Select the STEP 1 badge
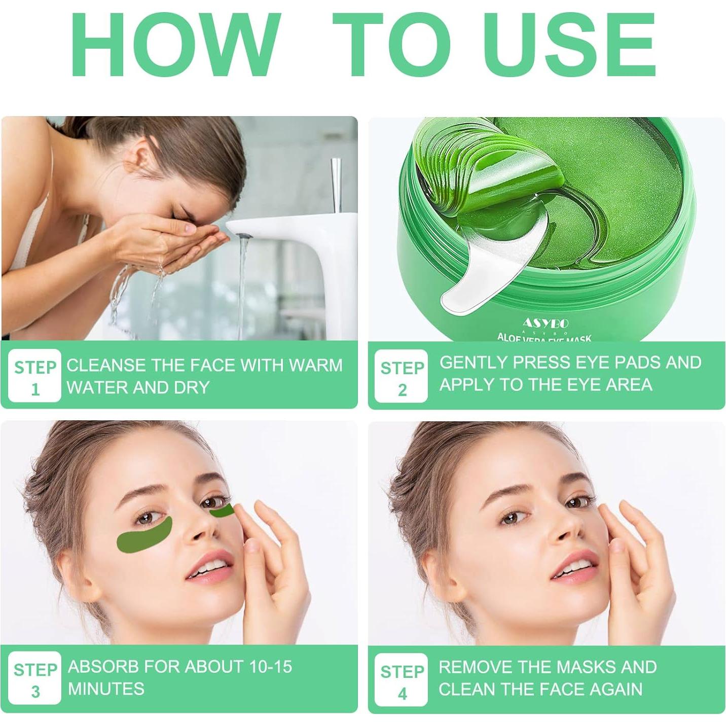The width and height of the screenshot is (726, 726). [x=34, y=376]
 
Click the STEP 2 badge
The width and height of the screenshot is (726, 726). [x=402, y=376]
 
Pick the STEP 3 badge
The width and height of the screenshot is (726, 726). [x=34, y=678]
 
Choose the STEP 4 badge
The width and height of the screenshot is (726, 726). [x=402, y=679]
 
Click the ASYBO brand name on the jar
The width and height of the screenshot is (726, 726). [x=546, y=322]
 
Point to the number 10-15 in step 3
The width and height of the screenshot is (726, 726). [x=271, y=666]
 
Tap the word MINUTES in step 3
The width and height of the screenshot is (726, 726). [x=106, y=688]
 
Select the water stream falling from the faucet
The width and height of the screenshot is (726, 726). [x=242, y=284]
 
